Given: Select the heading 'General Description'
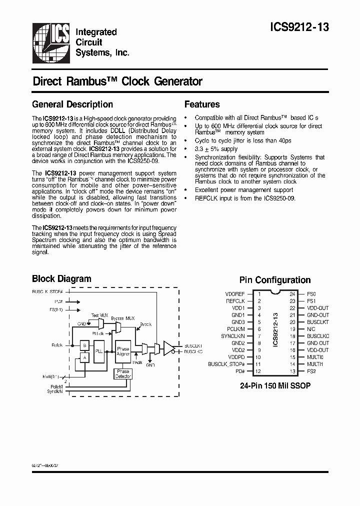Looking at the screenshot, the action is (x=72, y=104).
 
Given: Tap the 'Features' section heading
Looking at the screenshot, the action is (x=202, y=104).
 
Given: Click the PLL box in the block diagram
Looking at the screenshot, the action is (x=99, y=350).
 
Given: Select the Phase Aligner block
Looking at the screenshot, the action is (x=123, y=350).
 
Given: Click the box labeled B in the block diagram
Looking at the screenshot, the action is (x=84, y=345).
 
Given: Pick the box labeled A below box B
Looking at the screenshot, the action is (x=84, y=357).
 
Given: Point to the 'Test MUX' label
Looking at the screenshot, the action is (x=99, y=315).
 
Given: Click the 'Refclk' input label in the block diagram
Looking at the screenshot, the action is (x=56, y=345).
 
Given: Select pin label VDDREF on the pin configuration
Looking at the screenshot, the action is (x=235, y=294).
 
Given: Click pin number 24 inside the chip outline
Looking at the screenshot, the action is (x=292, y=294).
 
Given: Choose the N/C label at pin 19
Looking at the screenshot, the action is (x=311, y=329).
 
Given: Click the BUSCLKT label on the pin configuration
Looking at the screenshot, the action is (x=318, y=322).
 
